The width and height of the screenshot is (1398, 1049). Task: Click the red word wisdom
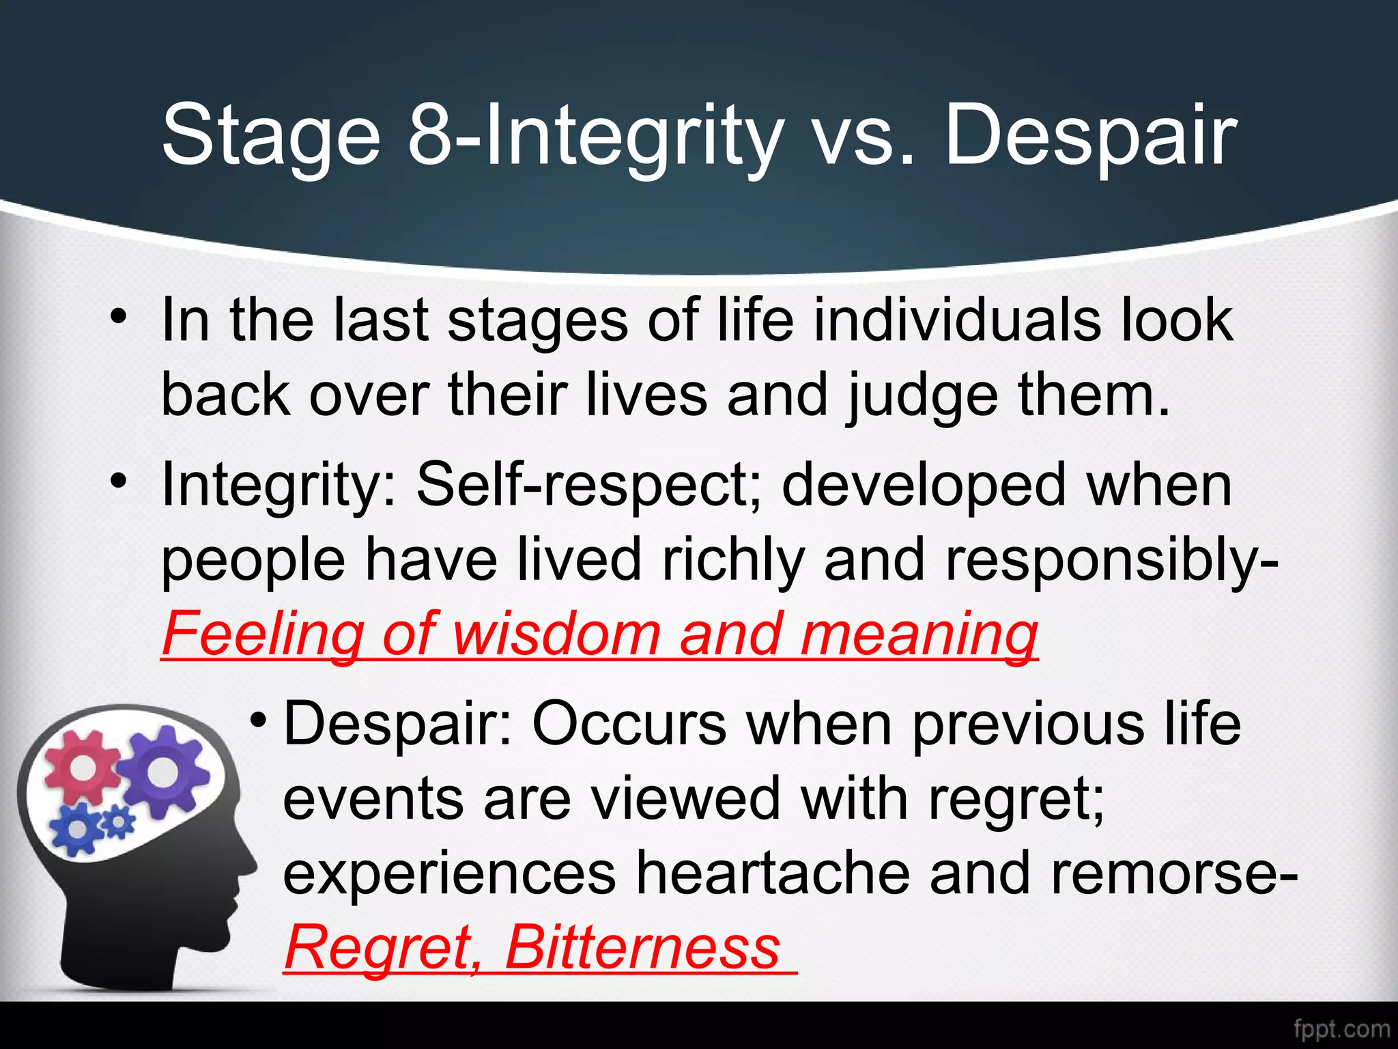[x=556, y=633]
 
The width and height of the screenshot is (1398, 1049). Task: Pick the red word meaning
[x=919, y=633]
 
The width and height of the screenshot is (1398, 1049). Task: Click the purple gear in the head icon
[x=162, y=772]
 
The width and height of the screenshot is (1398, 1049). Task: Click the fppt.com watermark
[x=1341, y=1029]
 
